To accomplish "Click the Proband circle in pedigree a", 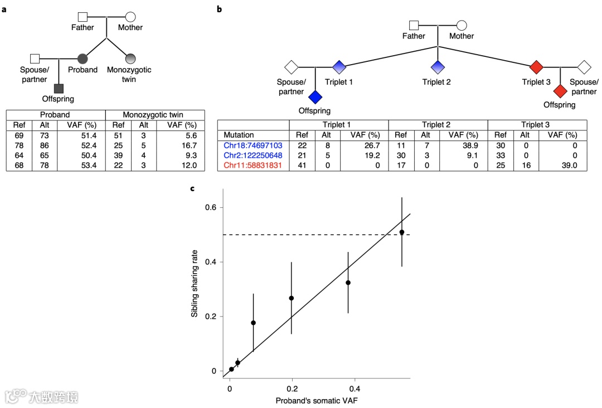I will pyautogui.click(x=82, y=58).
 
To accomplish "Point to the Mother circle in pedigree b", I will pyautogui.click(x=462, y=25).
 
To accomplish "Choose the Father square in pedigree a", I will pyautogui.click(x=82, y=17).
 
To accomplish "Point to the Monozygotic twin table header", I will pyautogui.click(x=153, y=114).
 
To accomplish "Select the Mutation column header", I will pyautogui.click(x=239, y=135).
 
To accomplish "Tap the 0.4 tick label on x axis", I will pyautogui.click(x=355, y=388).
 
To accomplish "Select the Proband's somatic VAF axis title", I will pyautogui.click(x=316, y=401).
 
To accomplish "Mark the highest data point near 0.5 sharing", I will pyautogui.click(x=402, y=232).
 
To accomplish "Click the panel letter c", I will pyautogui.click(x=193, y=188).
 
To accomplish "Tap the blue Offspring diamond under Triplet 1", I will pyautogui.click(x=315, y=97).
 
